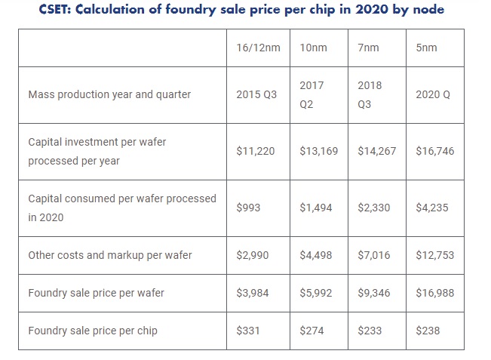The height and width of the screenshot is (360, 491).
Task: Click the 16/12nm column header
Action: (x=258, y=48)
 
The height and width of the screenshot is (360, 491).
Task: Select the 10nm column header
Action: (x=313, y=48)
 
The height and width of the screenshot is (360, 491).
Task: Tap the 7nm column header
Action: (x=369, y=48)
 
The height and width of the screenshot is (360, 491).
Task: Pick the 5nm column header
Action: (x=426, y=48)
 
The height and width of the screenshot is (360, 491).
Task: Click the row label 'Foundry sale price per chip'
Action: (x=93, y=331)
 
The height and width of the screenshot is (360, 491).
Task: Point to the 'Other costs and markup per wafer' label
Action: (x=110, y=255)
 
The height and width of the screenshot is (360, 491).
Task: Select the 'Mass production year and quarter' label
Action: (x=109, y=95)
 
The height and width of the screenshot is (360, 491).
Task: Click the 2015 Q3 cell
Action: (x=256, y=95)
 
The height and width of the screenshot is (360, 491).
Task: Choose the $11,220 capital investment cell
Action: (x=256, y=151)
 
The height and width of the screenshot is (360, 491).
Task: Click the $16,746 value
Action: (x=435, y=151)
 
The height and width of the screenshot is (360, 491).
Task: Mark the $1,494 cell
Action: (x=315, y=208)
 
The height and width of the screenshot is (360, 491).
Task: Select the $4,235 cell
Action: (x=431, y=208)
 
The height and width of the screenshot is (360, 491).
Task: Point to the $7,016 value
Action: (x=374, y=255)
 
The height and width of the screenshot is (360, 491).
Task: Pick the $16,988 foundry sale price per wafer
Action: (x=435, y=293)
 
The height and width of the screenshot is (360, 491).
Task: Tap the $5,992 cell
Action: (x=315, y=293)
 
